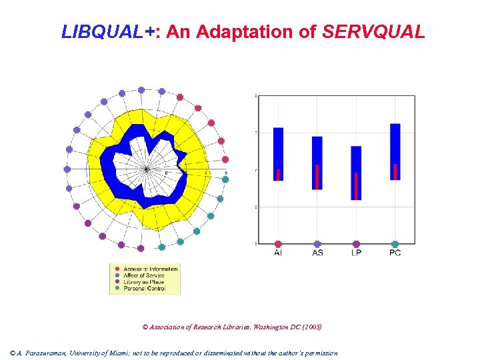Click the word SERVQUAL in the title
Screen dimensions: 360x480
[x=373, y=32]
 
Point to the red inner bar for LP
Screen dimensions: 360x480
[x=356, y=186]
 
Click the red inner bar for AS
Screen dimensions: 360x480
[x=317, y=176]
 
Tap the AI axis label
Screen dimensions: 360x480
[x=278, y=253]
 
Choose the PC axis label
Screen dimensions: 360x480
[x=395, y=253]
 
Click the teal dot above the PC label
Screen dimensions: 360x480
[x=395, y=244]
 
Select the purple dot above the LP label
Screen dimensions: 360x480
[x=356, y=244]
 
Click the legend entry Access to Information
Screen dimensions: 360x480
[x=150, y=269]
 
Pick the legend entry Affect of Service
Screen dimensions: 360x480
[x=143, y=275]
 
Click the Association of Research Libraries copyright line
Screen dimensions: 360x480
[x=232, y=327]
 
